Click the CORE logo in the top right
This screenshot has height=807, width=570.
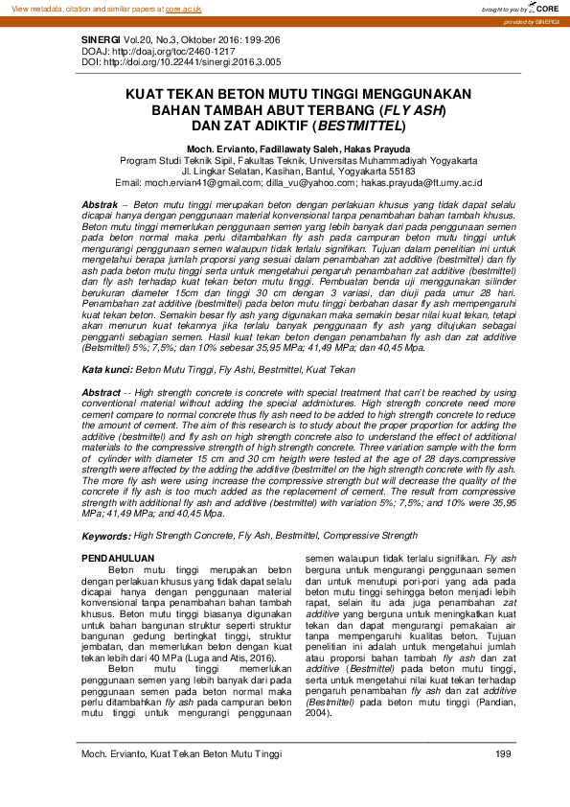(544, 8)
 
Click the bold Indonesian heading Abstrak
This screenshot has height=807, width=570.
(99, 206)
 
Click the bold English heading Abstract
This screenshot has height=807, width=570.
(102, 393)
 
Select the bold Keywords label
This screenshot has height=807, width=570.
(106, 537)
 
